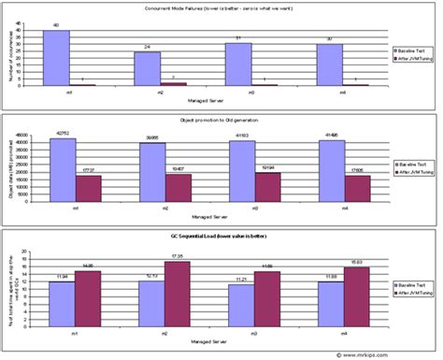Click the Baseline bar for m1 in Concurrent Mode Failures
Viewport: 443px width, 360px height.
tap(56, 58)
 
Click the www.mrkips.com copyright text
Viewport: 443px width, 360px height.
tap(393, 353)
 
